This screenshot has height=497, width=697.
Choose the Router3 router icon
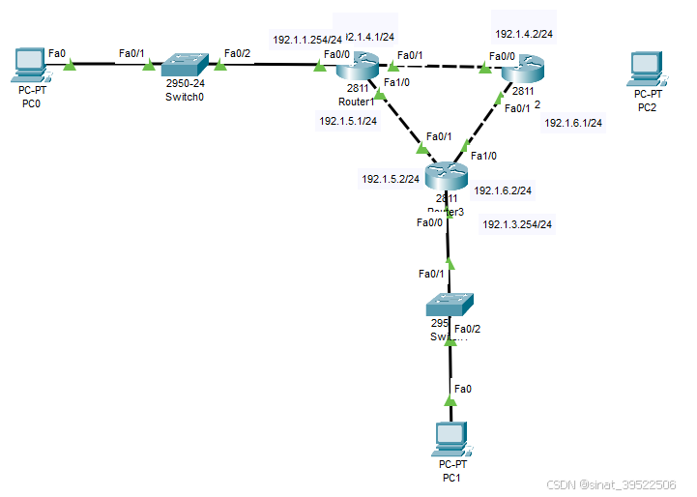point(446,175)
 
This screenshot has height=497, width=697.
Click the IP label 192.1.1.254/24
point(306,41)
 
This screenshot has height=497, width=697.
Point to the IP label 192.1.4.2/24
point(524,34)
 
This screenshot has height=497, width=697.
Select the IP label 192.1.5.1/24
point(348,122)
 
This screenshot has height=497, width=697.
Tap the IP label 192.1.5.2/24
point(391,179)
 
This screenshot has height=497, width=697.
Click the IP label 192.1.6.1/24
point(573,123)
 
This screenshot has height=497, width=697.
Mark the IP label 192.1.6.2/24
point(503,190)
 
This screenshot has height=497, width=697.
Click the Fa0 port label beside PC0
point(57,54)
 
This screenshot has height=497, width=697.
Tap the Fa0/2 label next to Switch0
point(237,53)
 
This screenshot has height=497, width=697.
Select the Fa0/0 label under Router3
point(430,222)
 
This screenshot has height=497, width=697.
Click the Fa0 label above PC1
point(463,389)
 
